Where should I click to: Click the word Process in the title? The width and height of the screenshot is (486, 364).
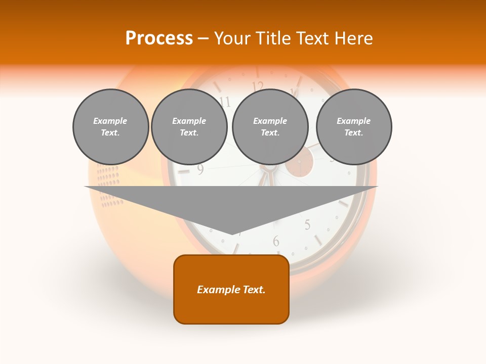(x=159, y=38)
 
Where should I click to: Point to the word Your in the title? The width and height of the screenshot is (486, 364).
(x=231, y=38)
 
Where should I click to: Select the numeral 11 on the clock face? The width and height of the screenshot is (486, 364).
(x=225, y=102)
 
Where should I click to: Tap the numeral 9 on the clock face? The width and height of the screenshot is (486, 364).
(x=200, y=170)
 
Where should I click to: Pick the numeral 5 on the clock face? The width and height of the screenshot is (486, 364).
(x=307, y=224)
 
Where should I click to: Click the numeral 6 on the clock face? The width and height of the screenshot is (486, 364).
(x=276, y=241)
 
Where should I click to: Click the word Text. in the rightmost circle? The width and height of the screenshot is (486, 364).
(x=353, y=132)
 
